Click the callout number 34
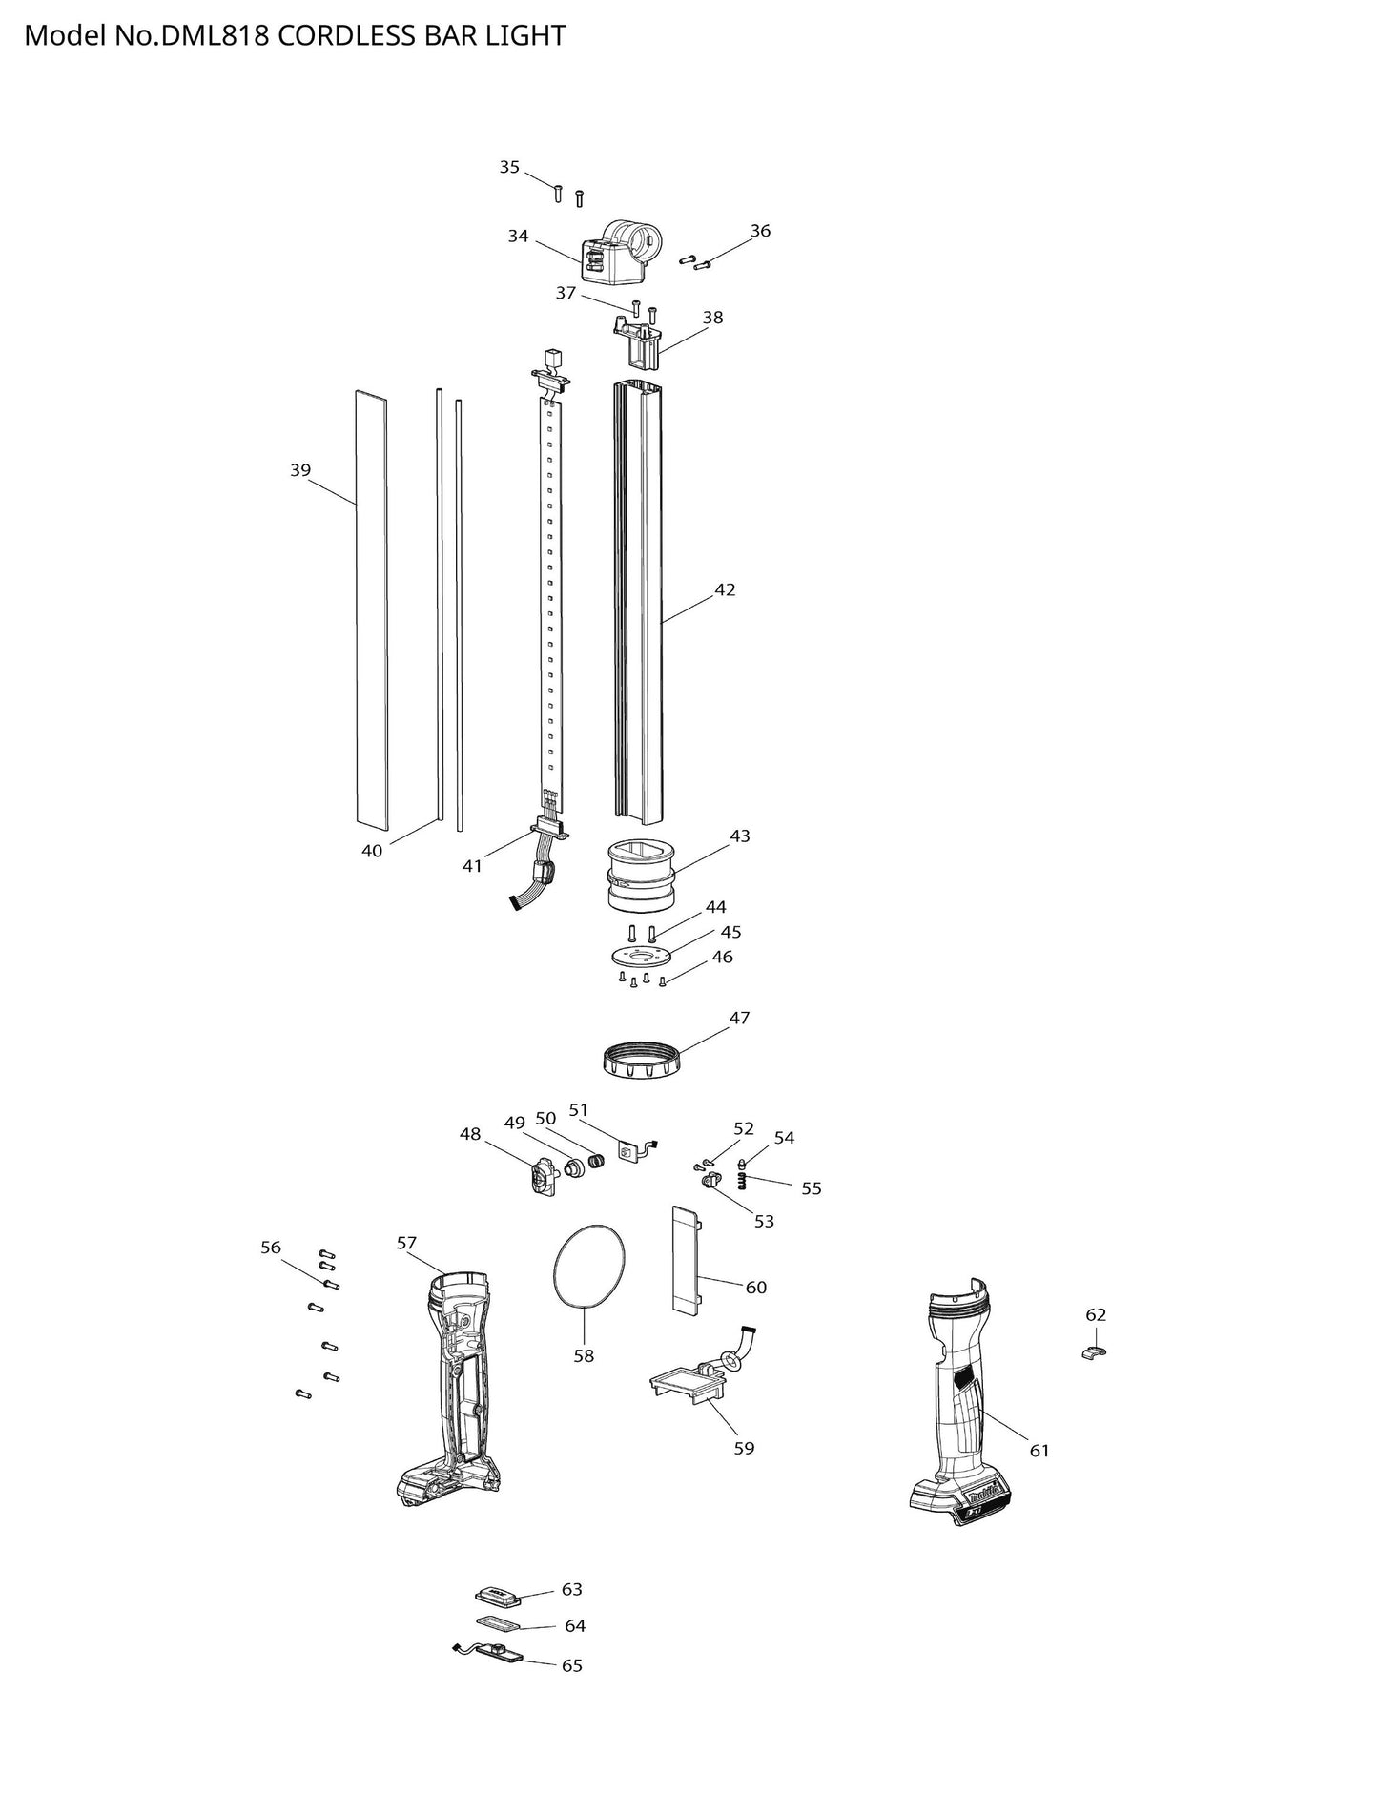point(518,236)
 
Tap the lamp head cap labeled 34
point(619,252)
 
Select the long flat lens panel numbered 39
point(372,608)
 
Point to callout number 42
point(725,589)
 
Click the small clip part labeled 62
point(1094,1351)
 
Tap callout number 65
point(571,1665)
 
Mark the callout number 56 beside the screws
point(271,1247)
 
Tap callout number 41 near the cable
point(472,865)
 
